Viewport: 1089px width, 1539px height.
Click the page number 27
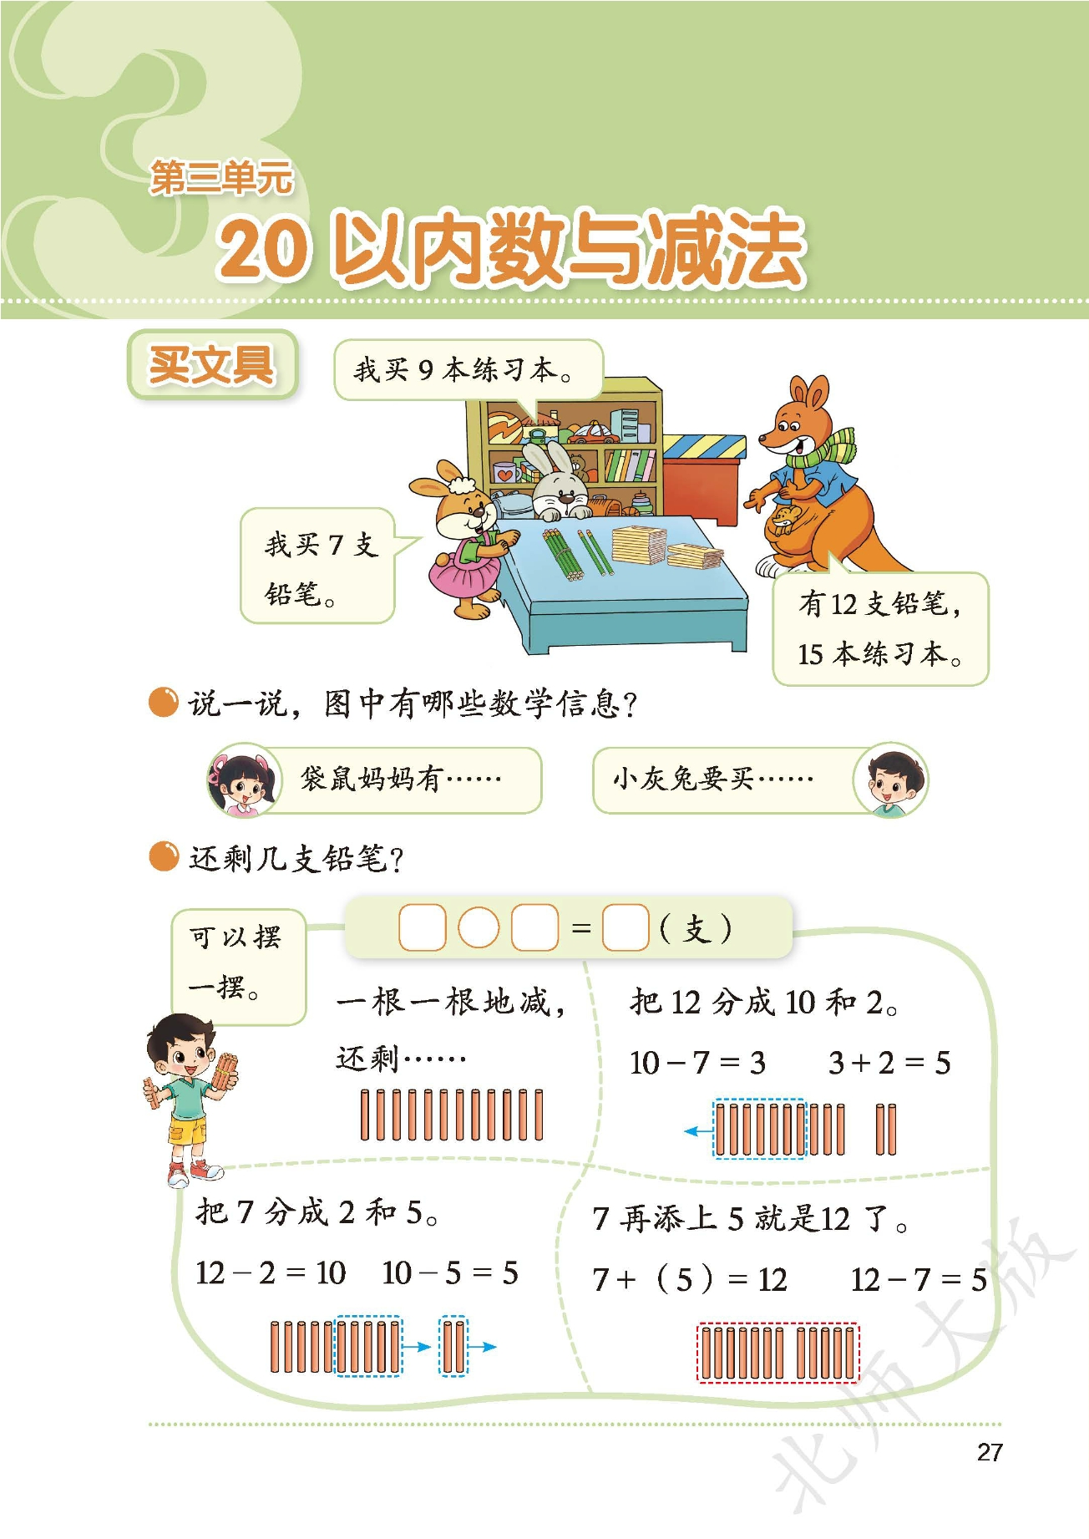(989, 1452)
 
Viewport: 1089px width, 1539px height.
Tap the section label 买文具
(212, 364)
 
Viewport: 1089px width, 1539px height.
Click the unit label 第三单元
(221, 177)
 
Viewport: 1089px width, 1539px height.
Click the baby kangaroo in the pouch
(785, 518)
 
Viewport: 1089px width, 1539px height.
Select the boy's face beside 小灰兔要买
(890, 780)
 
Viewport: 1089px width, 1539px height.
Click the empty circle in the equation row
(479, 927)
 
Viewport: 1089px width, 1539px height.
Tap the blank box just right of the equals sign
(626, 927)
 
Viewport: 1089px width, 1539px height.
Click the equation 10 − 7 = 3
(697, 1063)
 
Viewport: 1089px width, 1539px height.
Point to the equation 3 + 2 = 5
(889, 1063)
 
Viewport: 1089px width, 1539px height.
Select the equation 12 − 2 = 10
(271, 1273)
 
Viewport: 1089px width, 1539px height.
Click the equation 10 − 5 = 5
(450, 1273)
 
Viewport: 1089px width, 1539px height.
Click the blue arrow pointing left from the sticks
(698, 1131)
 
